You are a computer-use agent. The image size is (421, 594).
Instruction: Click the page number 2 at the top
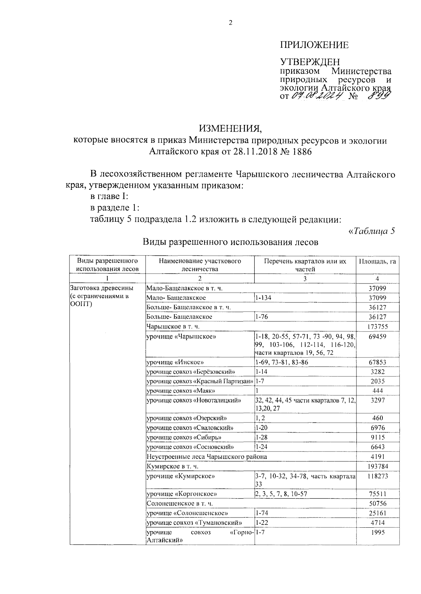230,24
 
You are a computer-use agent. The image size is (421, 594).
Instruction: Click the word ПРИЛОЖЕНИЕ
314,45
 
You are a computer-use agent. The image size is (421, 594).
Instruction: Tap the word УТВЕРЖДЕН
310,62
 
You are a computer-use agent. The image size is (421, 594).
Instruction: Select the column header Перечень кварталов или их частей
305,265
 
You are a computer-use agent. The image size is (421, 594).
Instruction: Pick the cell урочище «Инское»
175,362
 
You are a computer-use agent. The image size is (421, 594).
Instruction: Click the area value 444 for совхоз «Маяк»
377,391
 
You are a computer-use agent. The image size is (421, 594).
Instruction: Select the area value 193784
377,466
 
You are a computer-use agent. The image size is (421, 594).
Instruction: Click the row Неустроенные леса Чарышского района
207,456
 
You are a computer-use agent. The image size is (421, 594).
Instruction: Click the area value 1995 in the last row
377,532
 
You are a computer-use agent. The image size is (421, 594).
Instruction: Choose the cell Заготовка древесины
102,288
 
